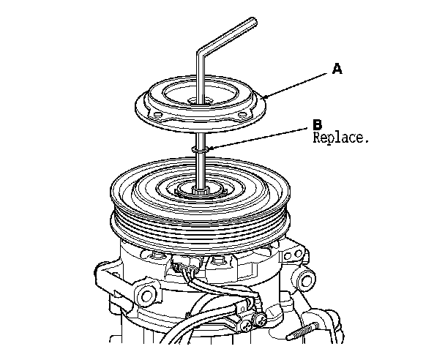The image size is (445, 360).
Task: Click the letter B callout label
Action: (x=317, y=126)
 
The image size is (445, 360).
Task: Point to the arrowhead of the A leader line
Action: (x=266, y=97)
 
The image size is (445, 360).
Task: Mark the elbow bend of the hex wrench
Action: (x=201, y=53)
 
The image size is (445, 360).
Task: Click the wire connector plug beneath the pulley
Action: (x=192, y=273)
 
